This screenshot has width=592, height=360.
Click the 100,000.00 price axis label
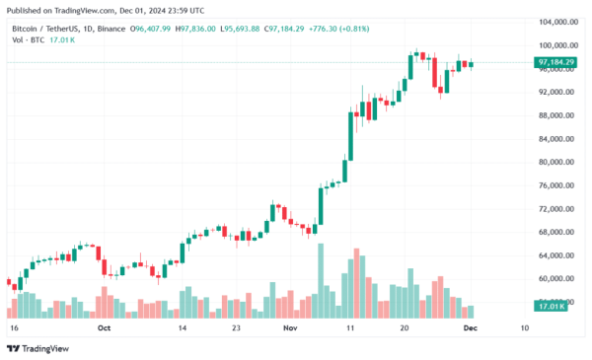click(x=556, y=45)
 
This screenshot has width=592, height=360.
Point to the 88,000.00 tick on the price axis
click(x=556, y=115)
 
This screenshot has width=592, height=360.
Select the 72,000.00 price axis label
click(x=556, y=209)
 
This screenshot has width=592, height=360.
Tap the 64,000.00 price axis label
click(x=556, y=255)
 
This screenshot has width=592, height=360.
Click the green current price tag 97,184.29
click(x=556, y=62)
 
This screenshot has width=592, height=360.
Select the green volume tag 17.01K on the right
click(x=551, y=308)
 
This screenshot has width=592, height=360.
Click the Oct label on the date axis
click(x=104, y=325)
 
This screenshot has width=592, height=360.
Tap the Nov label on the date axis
click(x=290, y=325)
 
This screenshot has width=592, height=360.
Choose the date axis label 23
click(x=235, y=325)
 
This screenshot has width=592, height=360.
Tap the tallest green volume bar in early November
click(x=320, y=280)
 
